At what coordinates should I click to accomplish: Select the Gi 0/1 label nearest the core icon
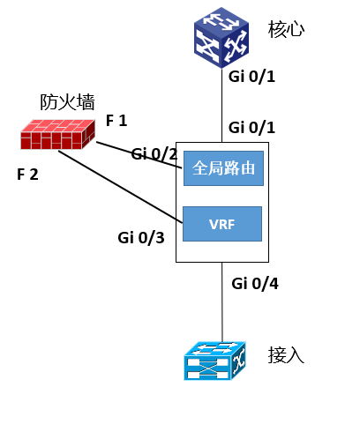(x=252, y=76)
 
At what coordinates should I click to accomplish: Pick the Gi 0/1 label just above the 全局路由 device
(x=252, y=128)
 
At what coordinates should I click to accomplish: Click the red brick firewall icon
(x=55, y=133)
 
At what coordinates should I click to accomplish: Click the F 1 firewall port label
(x=116, y=121)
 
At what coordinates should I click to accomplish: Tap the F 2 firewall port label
(x=28, y=174)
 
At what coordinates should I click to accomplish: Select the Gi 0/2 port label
(x=154, y=154)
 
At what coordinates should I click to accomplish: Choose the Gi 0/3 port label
(x=141, y=237)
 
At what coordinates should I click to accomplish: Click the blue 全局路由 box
(x=222, y=168)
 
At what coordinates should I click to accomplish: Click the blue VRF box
(x=222, y=224)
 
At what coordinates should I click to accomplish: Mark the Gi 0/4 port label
(x=254, y=283)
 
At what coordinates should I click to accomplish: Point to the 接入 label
(x=286, y=355)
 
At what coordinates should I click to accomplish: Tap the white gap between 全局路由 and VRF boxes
(x=222, y=196)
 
